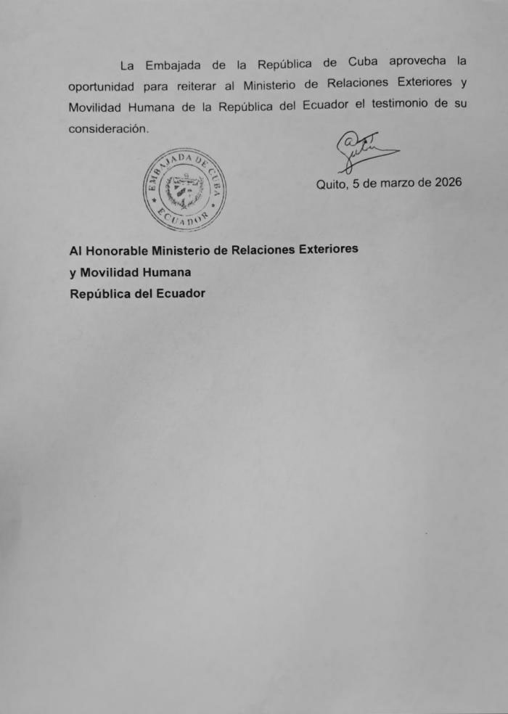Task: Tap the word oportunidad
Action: (102, 86)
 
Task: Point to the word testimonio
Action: (401, 104)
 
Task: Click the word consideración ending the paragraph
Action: (108, 128)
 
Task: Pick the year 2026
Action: (448, 182)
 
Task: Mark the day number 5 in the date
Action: (356, 184)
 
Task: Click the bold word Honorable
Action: (118, 250)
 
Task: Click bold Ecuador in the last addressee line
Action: (177, 294)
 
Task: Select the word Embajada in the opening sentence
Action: (173, 65)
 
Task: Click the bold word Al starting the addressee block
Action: (75, 251)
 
